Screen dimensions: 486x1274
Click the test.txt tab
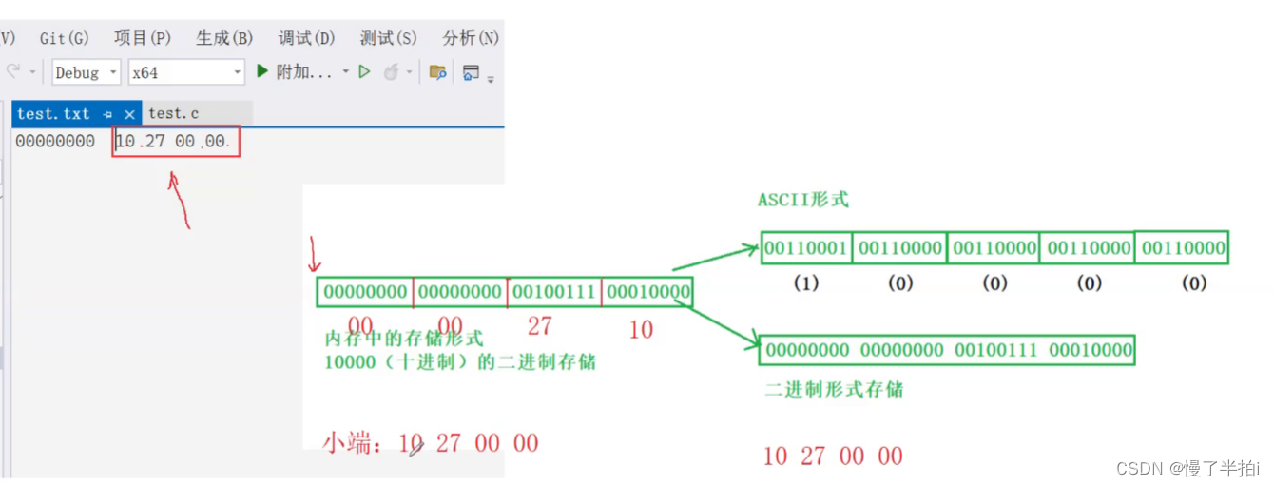(54, 114)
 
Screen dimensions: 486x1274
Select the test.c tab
(174, 114)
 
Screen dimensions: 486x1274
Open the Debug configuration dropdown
(86, 72)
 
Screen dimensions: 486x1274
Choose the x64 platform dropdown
(187, 72)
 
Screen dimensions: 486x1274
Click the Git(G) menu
(65, 38)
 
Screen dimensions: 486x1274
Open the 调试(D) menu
(307, 38)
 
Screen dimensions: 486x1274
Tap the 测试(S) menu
(389, 38)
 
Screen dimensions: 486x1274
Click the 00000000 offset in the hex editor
(55, 142)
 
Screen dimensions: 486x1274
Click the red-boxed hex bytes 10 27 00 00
(175, 142)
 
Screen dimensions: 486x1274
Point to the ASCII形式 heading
(802, 201)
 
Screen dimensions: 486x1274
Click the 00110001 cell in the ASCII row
(806, 248)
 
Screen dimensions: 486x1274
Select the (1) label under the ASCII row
(806, 282)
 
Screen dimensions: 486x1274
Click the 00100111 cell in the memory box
(553, 292)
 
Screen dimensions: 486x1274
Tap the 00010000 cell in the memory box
(647, 292)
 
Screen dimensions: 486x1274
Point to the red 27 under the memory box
(539, 326)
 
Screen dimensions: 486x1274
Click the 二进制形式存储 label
(834, 390)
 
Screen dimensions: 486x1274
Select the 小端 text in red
(347, 443)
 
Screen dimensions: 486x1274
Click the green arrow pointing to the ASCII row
(713, 258)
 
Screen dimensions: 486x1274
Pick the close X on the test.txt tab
(130, 114)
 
